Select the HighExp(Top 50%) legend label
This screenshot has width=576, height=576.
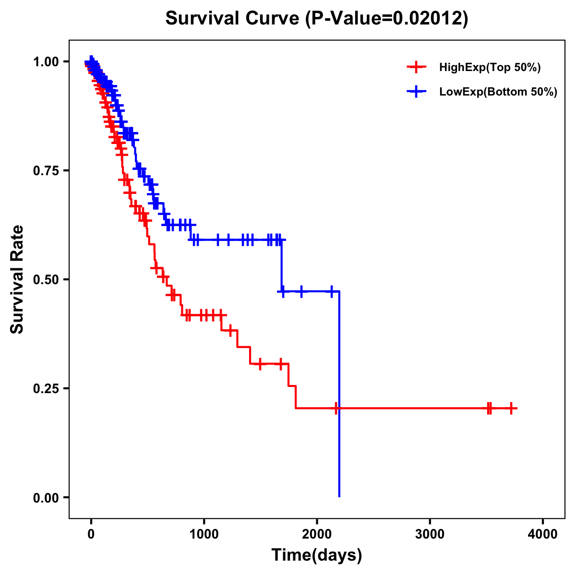click(x=490, y=68)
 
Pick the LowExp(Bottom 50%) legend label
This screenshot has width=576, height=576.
click(x=498, y=92)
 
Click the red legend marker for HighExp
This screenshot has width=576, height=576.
click(x=416, y=67)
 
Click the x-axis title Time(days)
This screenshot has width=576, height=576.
click(x=317, y=555)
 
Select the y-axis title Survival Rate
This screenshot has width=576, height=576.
click(x=17, y=279)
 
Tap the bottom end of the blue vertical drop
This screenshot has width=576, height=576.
click(x=339, y=496)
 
